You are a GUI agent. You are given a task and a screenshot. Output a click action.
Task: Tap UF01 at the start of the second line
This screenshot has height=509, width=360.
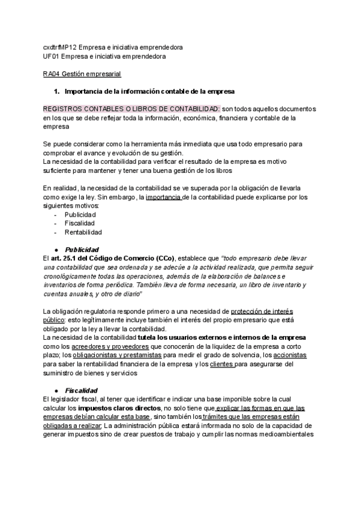50,56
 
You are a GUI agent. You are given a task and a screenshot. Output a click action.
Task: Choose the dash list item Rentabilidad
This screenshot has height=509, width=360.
83,232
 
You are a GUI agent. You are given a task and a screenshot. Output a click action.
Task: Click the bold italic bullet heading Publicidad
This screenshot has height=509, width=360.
82,249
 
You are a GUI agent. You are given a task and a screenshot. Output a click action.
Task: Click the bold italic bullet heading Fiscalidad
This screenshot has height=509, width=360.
82,390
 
